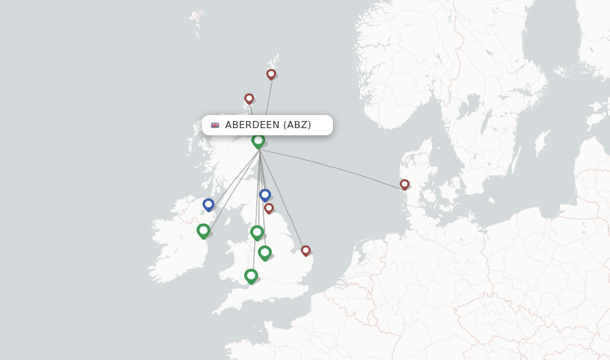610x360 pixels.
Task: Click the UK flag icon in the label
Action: [215, 125]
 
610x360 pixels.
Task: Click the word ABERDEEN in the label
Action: [252, 125]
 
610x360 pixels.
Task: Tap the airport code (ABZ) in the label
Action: [297, 125]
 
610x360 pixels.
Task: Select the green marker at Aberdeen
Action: [258, 141]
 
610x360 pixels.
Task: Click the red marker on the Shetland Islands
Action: [271, 74]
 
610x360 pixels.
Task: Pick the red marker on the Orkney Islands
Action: [249, 98]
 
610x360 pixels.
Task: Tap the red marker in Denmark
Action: [404, 184]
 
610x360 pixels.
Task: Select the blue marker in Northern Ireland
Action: [208, 204]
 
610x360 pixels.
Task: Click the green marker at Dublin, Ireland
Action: [204, 230]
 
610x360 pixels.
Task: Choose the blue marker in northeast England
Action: [265, 195]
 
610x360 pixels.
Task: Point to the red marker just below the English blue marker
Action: [269, 208]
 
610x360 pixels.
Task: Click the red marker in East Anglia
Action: [306, 250]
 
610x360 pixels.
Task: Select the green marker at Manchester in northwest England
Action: [257, 232]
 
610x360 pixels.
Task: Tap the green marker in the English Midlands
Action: [265, 252]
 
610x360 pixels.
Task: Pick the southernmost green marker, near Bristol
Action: [251, 275]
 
